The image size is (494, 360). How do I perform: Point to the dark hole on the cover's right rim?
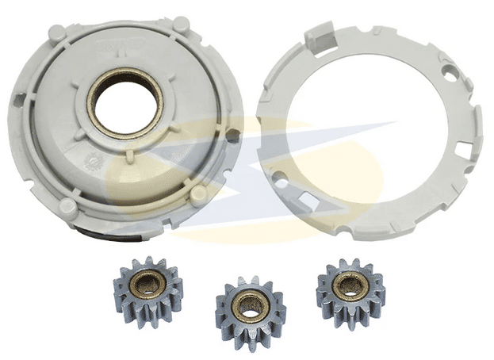tap(231, 136)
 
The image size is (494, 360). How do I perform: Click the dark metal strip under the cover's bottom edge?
tap(119, 231)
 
